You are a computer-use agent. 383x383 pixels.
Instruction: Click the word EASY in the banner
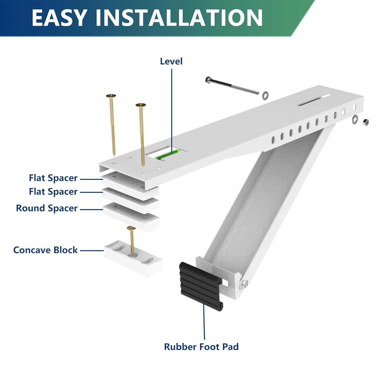coord(59,18)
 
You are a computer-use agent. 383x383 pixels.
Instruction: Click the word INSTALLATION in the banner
coord(179,18)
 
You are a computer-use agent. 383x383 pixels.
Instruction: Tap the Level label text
coord(171,61)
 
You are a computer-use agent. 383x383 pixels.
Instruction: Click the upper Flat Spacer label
coord(53,178)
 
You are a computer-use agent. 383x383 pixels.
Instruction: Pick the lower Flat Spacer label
coord(53,192)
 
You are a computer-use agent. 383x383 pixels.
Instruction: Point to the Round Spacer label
coord(46,208)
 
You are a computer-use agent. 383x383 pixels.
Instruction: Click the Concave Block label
coord(45,250)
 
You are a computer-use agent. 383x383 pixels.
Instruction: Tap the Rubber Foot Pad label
coord(201,347)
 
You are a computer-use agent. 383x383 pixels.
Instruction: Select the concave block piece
coord(133,259)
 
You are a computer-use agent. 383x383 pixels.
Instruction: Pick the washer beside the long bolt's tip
coord(265,95)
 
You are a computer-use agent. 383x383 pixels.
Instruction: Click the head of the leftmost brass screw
coord(111,96)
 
